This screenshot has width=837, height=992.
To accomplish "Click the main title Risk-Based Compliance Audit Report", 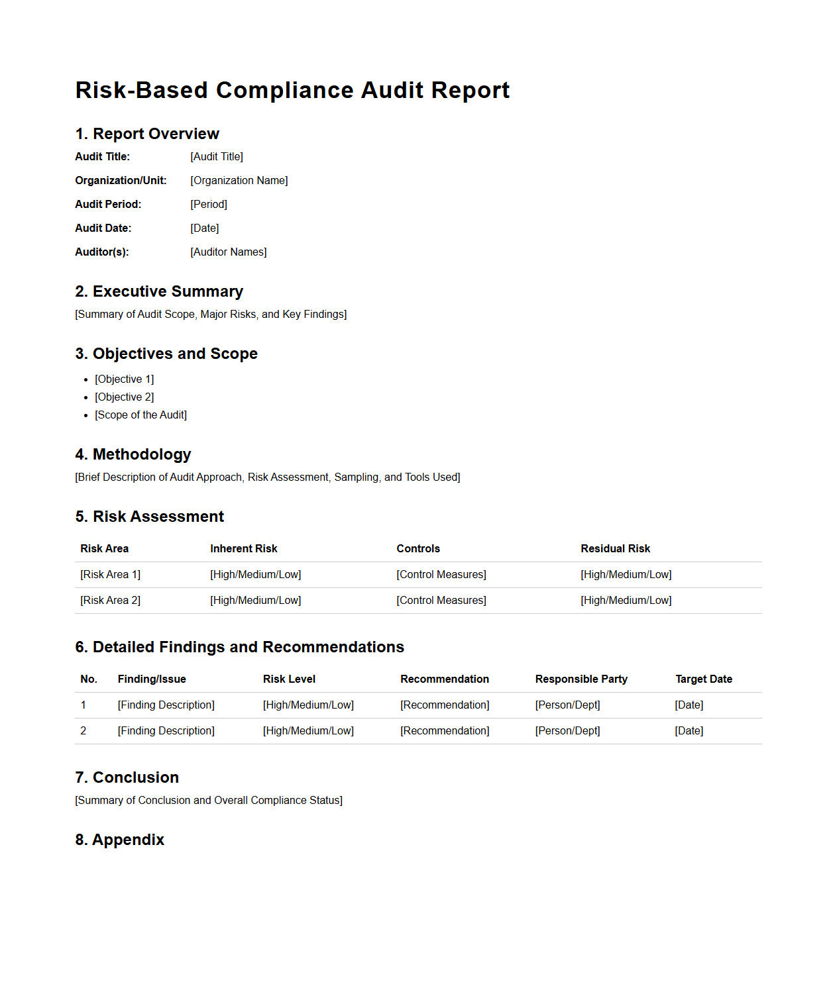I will point(292,90).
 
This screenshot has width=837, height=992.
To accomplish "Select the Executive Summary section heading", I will point(159,291).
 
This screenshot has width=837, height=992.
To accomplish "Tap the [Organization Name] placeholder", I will point(239,180).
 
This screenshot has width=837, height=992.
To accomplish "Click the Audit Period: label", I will point(108,204).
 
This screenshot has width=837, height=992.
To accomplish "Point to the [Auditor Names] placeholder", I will point(228,252).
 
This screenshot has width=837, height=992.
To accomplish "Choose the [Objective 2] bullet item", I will point(124,397).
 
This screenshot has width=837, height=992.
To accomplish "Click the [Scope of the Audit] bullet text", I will point(140,415).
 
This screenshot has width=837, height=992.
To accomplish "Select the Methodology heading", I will point(133,454).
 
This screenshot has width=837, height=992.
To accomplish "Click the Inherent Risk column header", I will point(243,548).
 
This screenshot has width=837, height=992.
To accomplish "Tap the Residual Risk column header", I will point(615,548).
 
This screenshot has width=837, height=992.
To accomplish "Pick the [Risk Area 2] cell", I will point(110,600).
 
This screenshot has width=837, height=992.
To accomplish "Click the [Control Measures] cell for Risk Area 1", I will point(441,574).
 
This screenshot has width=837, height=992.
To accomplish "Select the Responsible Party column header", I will point(581,679).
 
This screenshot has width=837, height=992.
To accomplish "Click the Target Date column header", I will point(703,679).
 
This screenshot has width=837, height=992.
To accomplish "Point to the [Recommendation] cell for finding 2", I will point(444,730).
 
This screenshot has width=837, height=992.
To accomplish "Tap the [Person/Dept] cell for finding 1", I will point(567,705).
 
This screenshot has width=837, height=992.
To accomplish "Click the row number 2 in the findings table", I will point(84,730).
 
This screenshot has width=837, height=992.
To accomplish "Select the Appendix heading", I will point(120,840).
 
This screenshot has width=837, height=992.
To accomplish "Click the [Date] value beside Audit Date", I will point(204,228).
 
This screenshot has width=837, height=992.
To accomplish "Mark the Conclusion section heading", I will point(127,777).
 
